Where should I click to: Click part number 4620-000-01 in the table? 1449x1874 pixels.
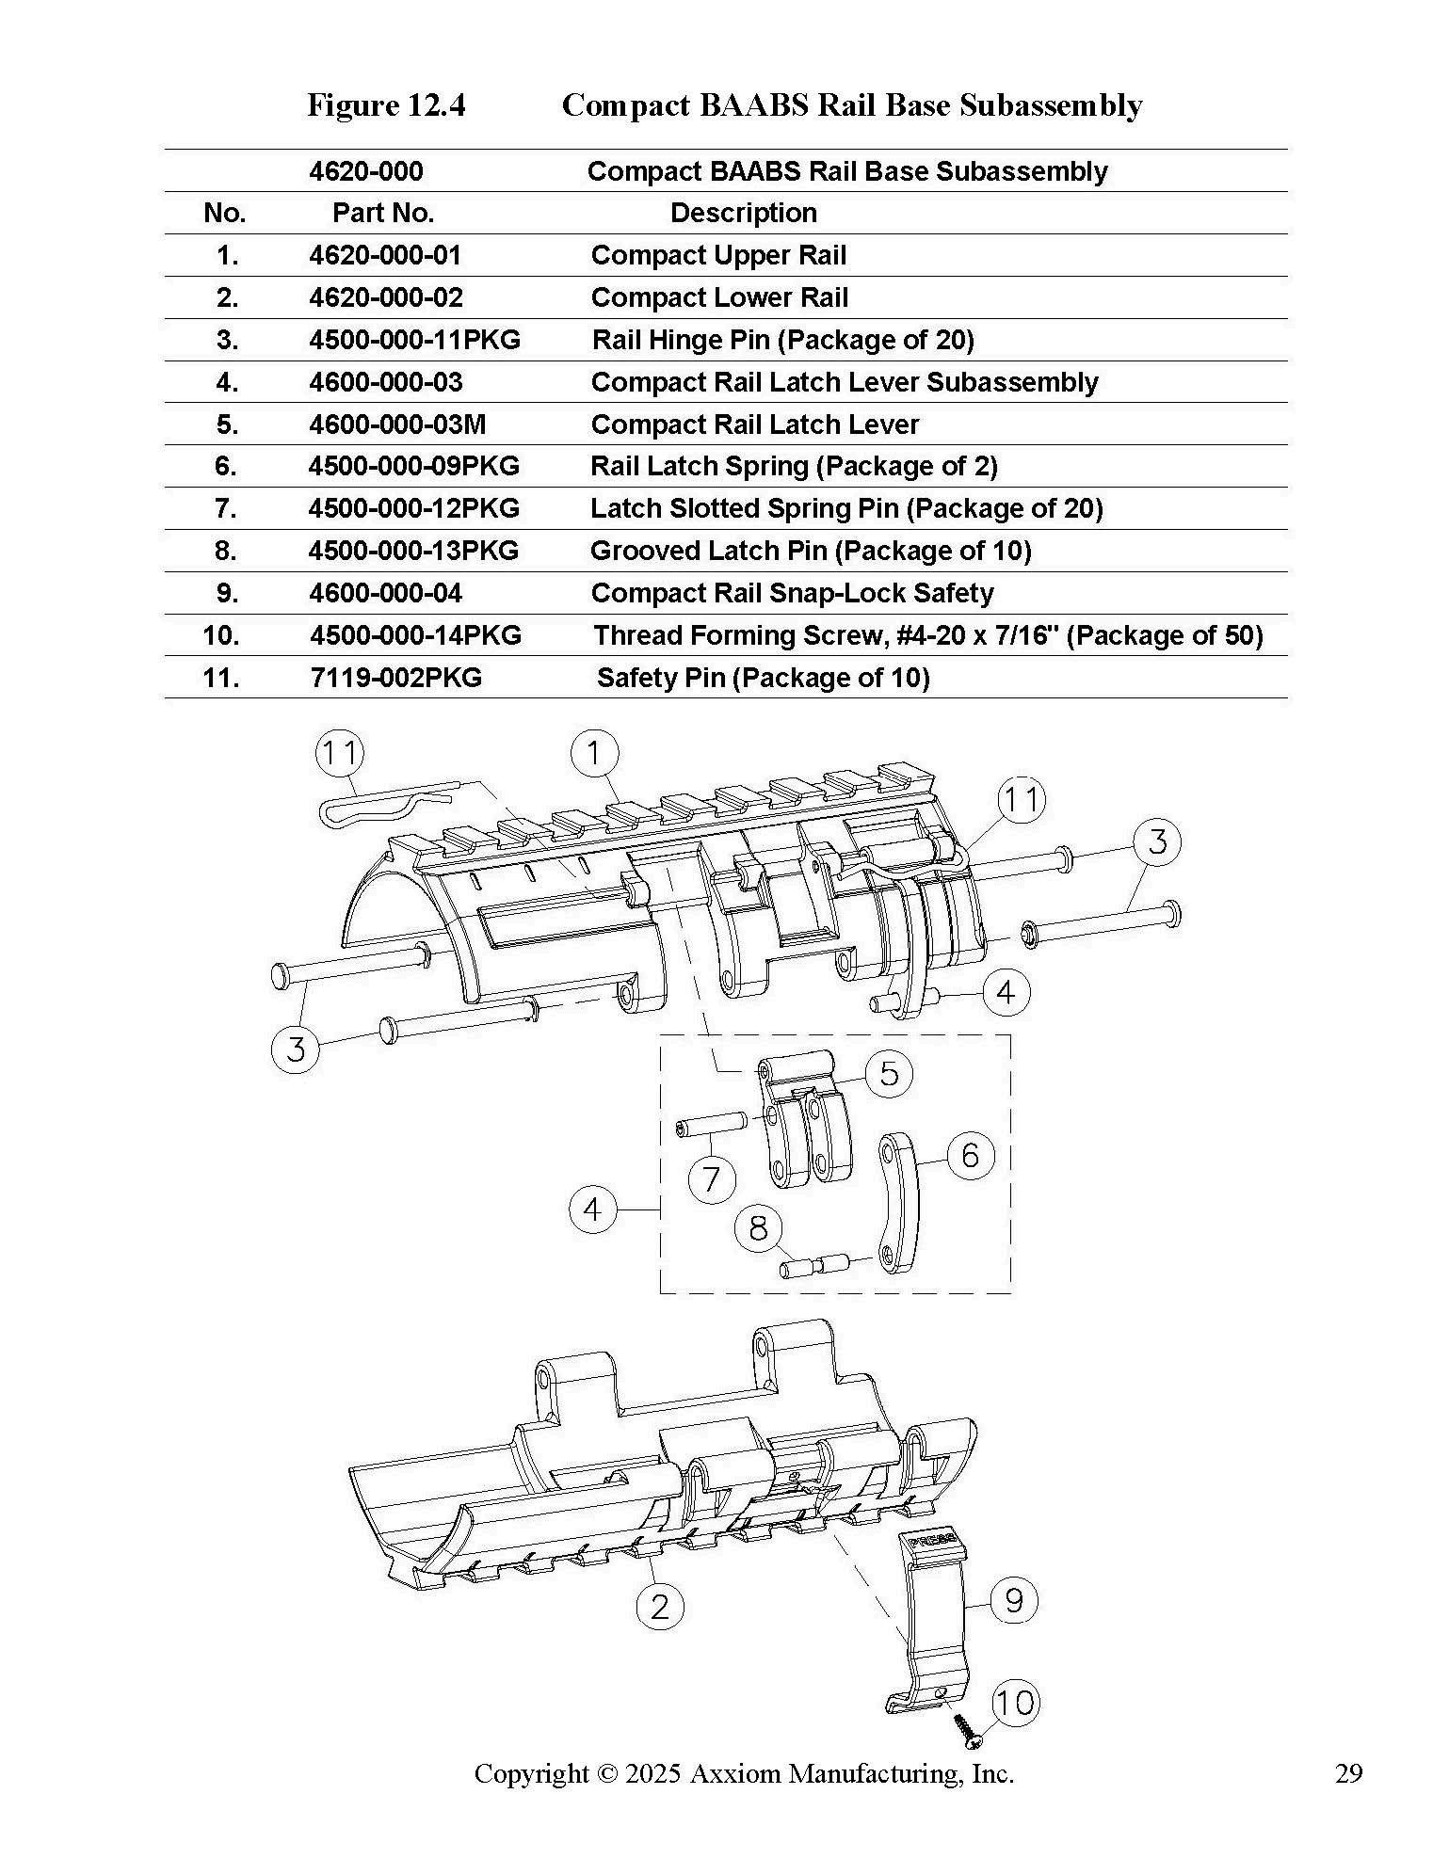tap(385, 255)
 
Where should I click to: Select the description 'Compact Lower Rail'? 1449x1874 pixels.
tap(719, 297)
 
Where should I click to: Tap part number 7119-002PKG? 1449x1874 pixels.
tap(395, 678)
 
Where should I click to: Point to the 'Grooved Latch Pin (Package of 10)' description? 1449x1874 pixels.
tap(811, 551)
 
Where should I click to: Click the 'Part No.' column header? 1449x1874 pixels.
tap(383, 213)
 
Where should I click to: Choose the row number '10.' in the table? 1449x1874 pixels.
tap(220, 635)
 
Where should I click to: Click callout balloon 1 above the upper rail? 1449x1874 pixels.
tap(595, 753)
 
